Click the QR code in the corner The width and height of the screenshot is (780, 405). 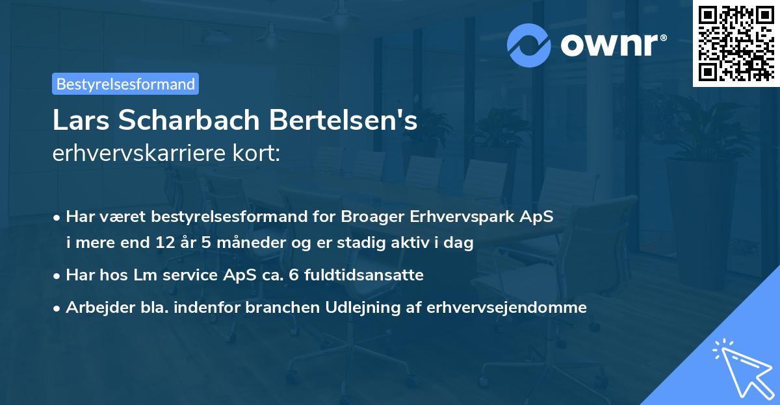(x=736, y=43)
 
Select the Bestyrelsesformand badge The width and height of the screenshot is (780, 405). (x=125, y=84)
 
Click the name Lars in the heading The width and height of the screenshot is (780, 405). (x=77, y=121)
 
